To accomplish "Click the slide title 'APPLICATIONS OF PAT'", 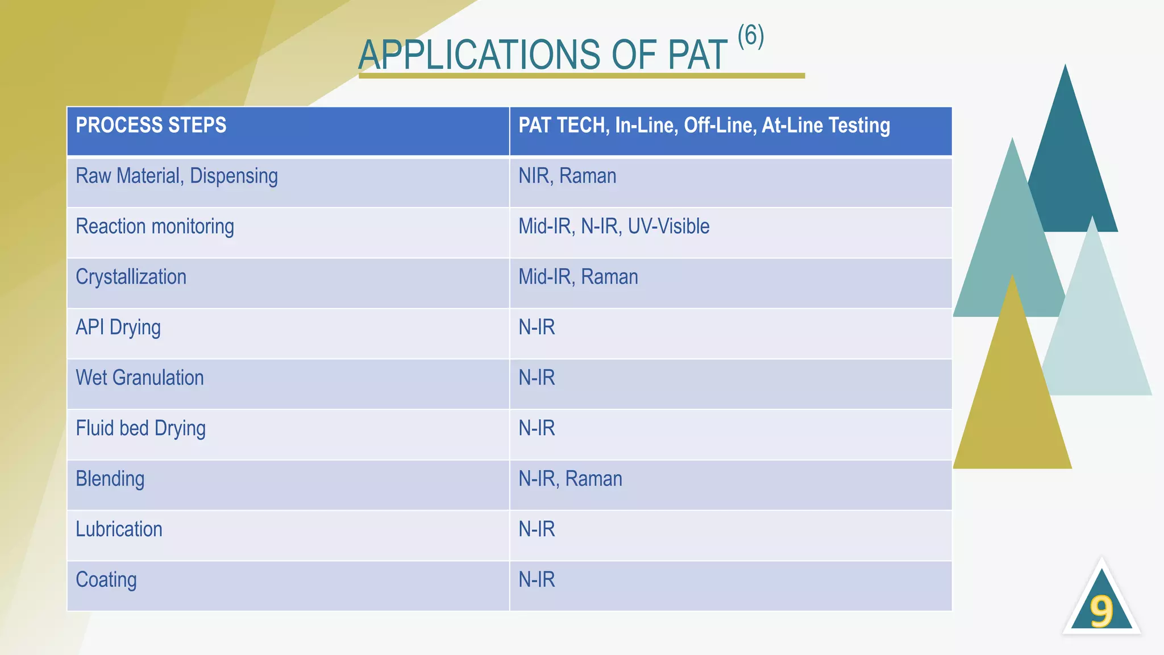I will [542, 55].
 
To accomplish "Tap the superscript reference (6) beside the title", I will [750, 36].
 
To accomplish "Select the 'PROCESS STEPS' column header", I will [151, 125].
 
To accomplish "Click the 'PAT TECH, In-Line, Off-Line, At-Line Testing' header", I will [704, 126].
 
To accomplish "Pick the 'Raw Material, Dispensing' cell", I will [177, 176].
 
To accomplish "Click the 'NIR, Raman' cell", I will [567, 176].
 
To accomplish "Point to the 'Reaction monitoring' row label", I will [155, 227].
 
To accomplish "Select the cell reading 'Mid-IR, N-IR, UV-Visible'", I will [613, 227].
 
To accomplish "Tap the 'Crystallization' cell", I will [131, 277].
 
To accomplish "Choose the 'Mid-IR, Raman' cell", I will [577, 277].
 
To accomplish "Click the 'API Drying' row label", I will [118, 328].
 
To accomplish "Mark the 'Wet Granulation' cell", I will [139, 378].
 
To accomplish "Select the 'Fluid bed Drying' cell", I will [140, 429].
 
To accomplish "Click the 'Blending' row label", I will [110, 479].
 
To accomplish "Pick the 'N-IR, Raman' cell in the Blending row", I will [570, 479].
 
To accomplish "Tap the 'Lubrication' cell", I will [119, 530].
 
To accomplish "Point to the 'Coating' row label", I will [106, 580].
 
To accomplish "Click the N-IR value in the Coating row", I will [537, 580].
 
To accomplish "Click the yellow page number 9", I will [1101, 612].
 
